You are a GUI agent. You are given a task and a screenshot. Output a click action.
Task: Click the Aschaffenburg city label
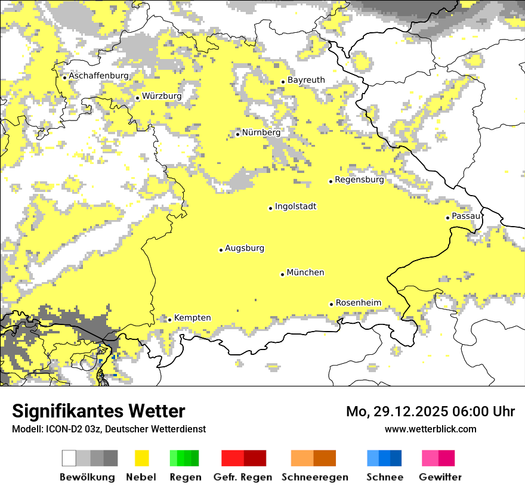[x=98, y=76]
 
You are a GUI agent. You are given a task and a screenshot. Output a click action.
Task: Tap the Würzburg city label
[x=162, y=96]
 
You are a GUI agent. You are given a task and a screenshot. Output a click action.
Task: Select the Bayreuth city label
[x=306, y=80]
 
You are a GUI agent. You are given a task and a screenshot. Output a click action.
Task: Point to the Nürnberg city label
[x=261, y=132]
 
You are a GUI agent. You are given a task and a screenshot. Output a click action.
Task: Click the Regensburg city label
[x=359, y=180]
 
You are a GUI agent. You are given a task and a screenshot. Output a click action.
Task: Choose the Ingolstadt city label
[x=295, y=207]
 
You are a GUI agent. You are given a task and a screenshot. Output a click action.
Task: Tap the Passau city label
[x=466, y=216]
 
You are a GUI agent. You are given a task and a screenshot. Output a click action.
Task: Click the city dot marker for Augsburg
[x=221, y=250]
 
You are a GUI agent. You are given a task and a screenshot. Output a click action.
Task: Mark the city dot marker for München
[x=283, y=274]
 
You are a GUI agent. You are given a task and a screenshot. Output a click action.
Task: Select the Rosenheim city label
[x=358, y=303]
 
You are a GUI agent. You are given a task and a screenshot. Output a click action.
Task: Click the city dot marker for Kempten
[x=169, y=320]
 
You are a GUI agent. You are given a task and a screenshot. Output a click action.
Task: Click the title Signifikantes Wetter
[x=98, y=412]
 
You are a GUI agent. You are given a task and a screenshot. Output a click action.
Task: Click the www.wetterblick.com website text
[x=430, y=429]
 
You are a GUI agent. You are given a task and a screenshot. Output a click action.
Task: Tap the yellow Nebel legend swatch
[x=141, y=458]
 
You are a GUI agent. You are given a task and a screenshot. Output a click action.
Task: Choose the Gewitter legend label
[x=440, y=477]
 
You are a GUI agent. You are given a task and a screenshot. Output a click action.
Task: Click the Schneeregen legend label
[x=315, y=477]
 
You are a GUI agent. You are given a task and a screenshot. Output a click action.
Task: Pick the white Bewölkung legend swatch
[x=69, y=458]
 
